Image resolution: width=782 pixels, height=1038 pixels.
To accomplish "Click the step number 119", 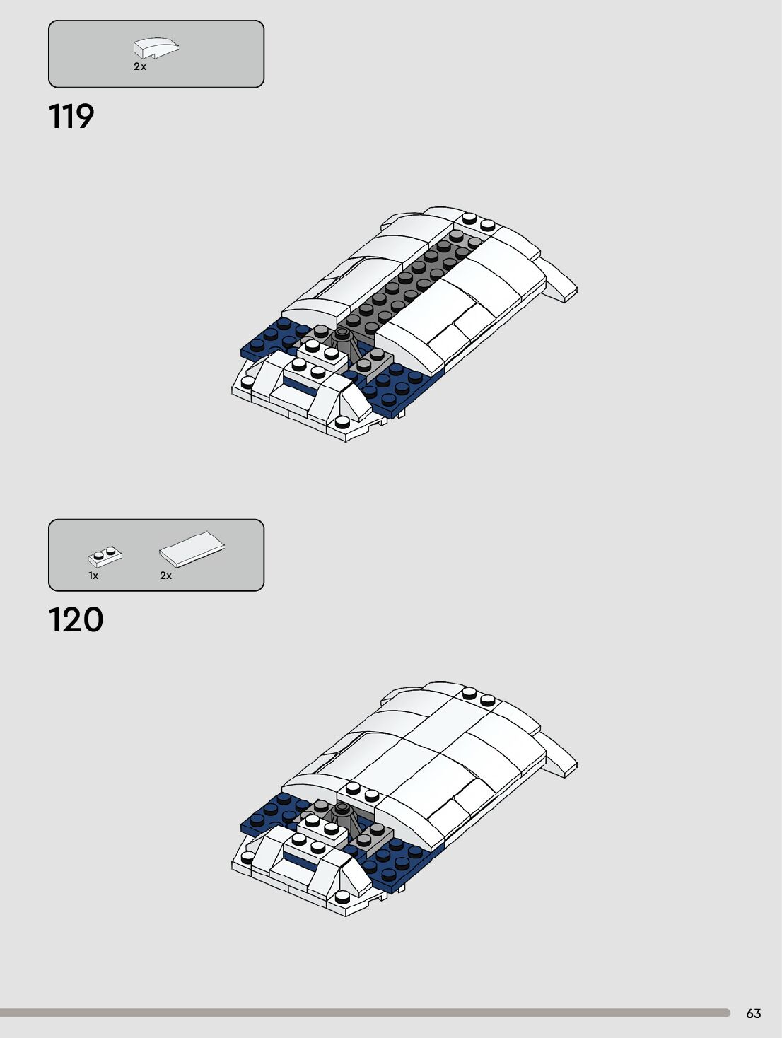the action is [71, 117].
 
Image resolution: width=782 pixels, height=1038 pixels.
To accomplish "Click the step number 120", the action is [76, 620].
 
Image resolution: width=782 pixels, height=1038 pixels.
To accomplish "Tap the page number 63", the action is [754, 1013].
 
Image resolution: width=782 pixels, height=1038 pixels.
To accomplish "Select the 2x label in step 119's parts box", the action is [140, 66].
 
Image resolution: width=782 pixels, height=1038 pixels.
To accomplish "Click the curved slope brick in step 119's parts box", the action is [156, 47].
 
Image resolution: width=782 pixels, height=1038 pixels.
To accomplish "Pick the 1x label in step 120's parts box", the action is [93, 576].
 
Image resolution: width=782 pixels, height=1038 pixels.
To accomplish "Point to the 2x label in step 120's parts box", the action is [165, 576].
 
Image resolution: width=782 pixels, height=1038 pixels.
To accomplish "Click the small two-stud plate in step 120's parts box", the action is [105, 556].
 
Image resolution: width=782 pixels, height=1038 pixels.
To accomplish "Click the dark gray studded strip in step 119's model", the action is [410, 279].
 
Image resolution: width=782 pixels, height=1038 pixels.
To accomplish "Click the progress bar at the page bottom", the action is [365, 1013].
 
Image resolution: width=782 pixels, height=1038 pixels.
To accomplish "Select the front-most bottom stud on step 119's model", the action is [342, 422].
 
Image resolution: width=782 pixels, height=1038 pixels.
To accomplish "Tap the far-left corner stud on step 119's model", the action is [247, 382].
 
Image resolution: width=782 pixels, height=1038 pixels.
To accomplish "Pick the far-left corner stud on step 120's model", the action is [247, 857].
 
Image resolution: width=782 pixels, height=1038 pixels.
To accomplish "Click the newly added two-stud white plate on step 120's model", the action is [361, 792].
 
